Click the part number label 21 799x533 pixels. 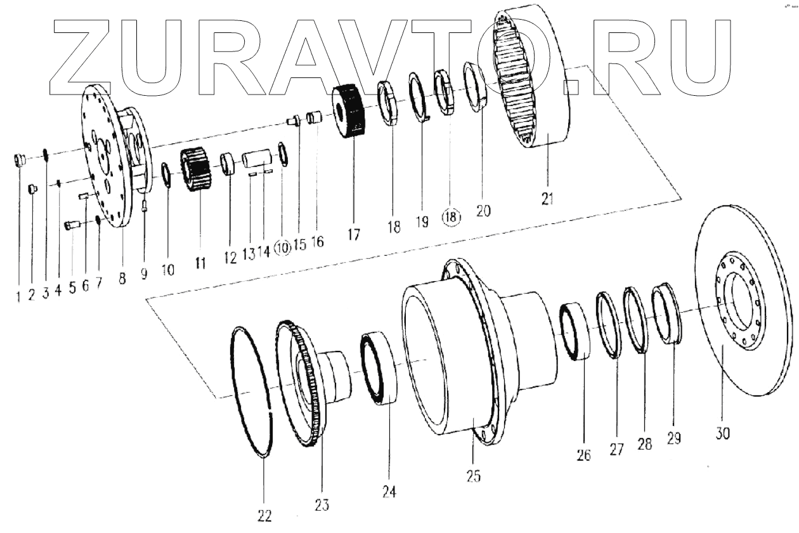[x=547, y=199]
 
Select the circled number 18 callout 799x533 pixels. [x=451, y=218]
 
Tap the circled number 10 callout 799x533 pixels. [x=283, y=249]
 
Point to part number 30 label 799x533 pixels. [x=723, y=433]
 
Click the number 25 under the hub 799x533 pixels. [x=474, y=476]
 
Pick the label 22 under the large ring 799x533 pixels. [x=264, y=515]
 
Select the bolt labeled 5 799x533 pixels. [x=71, y=223]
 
